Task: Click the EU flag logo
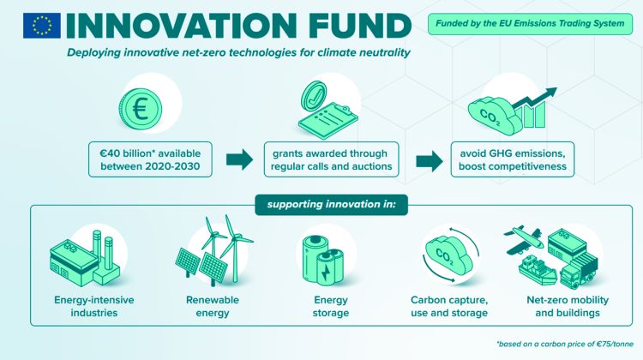pyautogui.click(x=41, y=26)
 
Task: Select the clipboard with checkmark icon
pyautogui.click(x=328, y=110)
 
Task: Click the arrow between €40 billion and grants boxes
pyautogui.click(x=239, y=159)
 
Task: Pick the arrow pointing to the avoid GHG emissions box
pyautogui.click(x=430, y=161)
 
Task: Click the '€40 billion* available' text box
pyautogui.click(x=151, y=159)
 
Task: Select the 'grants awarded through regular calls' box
pyautogui.click(x=331, y=159)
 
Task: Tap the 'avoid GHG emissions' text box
pyautogui.click(x=513, y=159)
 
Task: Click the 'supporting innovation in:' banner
pyautogui.click(x=331, y=205)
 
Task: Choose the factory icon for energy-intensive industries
pyautogui.click(x=85, y=258)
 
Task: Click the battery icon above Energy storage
pyautogui.click(x=322, y=260)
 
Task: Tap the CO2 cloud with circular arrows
pyautogui.click(x=450, y=255)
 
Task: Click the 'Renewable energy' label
pyautogui.click(x=213, y=306)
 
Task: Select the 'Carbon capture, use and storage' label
pyautogui.click(x=449, y=306)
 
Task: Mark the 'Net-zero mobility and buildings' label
pyautogui.click(x=568, y=306)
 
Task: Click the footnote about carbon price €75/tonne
pyautogui.click(x=565, y=344)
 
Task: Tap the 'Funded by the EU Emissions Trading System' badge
pyautogui.click(x=530, y=23)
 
